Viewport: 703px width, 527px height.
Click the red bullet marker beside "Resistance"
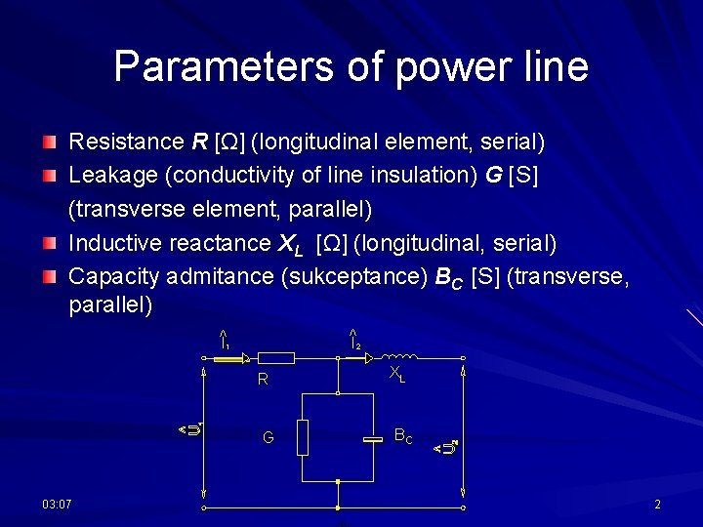tap(49, 143)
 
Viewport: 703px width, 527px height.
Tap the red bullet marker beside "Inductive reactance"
tap(49, 244)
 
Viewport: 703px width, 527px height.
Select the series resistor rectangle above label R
tap(277, 359)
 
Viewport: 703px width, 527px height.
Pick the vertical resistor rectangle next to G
tap(303, 437)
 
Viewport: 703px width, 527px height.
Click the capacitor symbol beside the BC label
tap(374, 440)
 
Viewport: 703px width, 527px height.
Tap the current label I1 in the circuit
tap(225, 341)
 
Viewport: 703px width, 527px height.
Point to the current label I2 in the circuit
tap(355, 341)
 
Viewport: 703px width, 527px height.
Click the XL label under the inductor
tap(396, 374)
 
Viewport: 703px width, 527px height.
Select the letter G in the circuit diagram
tap(269, 438)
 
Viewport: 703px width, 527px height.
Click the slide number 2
tap(657, 505)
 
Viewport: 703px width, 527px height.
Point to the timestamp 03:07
tap(57, 504)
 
